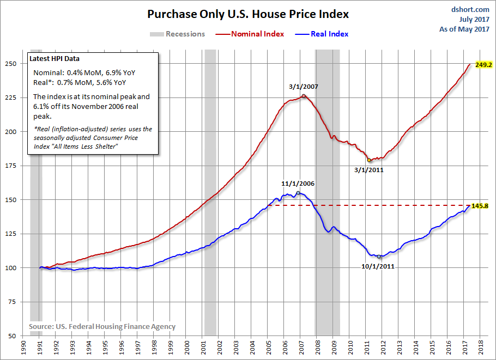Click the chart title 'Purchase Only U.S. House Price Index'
tap(248, 14)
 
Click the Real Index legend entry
tap(322, 34)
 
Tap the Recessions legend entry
tap(178, 34)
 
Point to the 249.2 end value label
tap(483, 64)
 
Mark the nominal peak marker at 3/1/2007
tap(304, 96)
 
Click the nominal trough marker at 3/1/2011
tap(369, 160)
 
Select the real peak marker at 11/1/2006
tap(298, 193)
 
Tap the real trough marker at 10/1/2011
tap(379, 257)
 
